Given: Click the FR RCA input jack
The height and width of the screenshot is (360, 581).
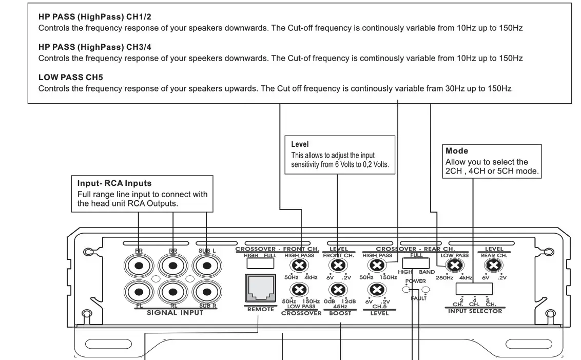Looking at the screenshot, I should (139, 266).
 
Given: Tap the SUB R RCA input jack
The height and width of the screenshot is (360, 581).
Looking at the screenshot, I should (207, 292).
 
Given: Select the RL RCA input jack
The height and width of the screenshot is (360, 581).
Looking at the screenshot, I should (173, 292).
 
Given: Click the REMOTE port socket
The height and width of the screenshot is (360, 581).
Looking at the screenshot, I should (260, 289).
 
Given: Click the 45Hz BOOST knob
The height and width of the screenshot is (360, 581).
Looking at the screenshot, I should (337, 290).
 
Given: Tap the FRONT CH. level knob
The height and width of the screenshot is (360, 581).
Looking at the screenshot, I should (337, 266).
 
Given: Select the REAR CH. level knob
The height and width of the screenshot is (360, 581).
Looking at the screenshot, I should (494, 266).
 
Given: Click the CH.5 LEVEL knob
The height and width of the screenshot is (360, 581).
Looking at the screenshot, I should (377, 290).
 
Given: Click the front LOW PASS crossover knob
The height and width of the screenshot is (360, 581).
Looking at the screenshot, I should (300, 290).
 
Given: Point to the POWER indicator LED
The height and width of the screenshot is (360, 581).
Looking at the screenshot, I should (406, 289).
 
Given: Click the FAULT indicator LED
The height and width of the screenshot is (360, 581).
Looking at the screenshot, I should (425, 289).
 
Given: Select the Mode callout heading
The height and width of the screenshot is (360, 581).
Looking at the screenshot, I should (457, 151).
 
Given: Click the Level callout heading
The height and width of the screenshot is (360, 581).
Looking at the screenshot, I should (300, 145).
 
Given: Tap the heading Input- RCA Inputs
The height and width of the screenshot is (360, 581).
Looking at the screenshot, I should (114, 183).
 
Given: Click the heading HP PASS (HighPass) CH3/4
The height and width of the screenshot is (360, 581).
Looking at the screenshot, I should (95, 47).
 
